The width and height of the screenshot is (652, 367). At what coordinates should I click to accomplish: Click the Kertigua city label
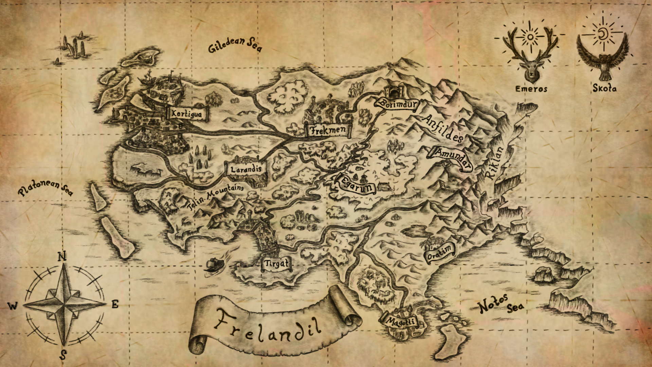click(x=186, y=113)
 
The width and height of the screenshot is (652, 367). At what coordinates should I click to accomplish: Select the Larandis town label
click(x=246, y=169)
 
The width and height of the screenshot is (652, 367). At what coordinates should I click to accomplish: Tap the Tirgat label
click(x=276, y=264)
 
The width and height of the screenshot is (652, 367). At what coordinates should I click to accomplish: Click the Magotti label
click(x=401, y=321)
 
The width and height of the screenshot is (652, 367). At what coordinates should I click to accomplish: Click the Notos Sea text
click(x=501, y=304)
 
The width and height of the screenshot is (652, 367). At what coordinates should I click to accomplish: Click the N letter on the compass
click(x=62, y=256)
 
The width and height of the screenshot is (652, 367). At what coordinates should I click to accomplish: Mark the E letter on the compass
click(x=115, y=304)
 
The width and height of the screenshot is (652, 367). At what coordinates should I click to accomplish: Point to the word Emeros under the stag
click(x=531, y=89)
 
